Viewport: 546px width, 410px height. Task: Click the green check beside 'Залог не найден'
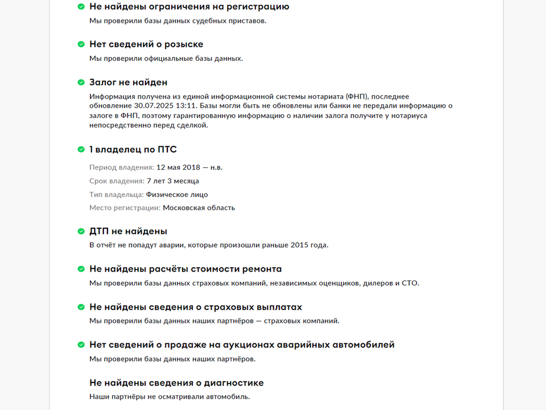pyautogui.click(x=81, y=83)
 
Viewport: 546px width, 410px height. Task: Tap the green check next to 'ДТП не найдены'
pyautogui.click(x=81, y=231)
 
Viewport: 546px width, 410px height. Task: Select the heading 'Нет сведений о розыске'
pyautogui.click(x=146, y=44)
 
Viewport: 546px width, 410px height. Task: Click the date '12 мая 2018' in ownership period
pyautogui.click(x=179, y=167)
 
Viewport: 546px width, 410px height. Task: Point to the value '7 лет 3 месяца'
pyautogui.click(x=173, y=181)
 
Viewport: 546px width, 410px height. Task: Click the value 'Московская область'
pyautogui.click(x=198, y=208)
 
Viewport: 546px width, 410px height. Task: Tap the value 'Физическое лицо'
pyautogui.click(x=177, y=195)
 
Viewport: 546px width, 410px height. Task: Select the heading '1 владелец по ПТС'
pyautogui.click(x=133, y=150)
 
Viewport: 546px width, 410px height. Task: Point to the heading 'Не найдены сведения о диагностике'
pyautogui.click(x=176, y=383)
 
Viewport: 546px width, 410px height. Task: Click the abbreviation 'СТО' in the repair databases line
pyautogui.click(x=409, y=283)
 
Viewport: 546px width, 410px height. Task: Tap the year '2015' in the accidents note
pyautogui.click(x=300, y=245)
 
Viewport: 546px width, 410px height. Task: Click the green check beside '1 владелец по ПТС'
pyautogui.click(x=81, y=150)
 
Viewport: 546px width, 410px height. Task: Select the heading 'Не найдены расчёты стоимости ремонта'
pyautogui.click(x=185, y=269)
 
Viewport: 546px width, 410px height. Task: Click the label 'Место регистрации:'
pyautogui.click(x=125, y=208)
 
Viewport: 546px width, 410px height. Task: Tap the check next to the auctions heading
pyautogui.click(x=81, y=345)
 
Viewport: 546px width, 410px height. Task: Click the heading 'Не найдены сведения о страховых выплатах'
pyautogui.click(x=196, y=307)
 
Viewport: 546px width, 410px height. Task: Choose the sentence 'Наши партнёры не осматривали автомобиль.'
pyautogui.click(x=169, y=396)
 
